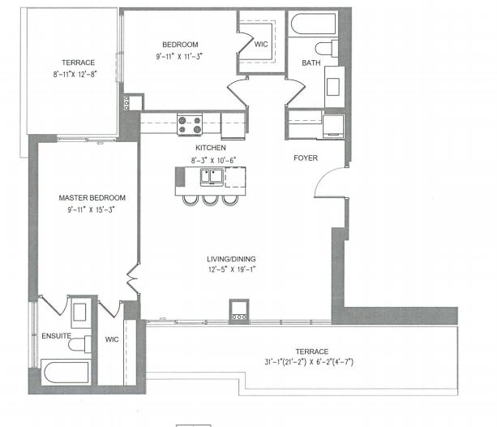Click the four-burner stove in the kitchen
[x=190, y=126]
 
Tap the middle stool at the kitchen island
[x=210, y=199]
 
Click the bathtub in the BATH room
[x=312, y=24]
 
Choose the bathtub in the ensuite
[x=65, y=375]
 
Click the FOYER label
[x=305, y=158]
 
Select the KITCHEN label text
[x=210, y=148]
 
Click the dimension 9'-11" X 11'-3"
[x=178, y=57]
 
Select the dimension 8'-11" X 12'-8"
[x=79, y=75]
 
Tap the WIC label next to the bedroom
[x=260, y=45]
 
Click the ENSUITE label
[x=57, y=334]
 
